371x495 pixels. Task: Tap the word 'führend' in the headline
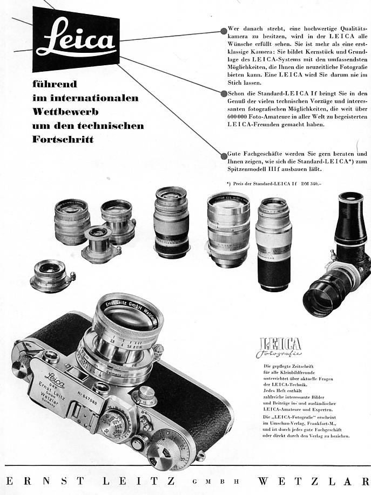(x=55, y=84)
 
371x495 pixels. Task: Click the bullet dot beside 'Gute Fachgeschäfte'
(x=224, y=156)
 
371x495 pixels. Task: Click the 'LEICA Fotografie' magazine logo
(x=280, y=348)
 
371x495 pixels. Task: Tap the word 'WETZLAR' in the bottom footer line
(x=313, y=481)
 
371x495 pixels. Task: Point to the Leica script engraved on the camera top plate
(x=55, y=376)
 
